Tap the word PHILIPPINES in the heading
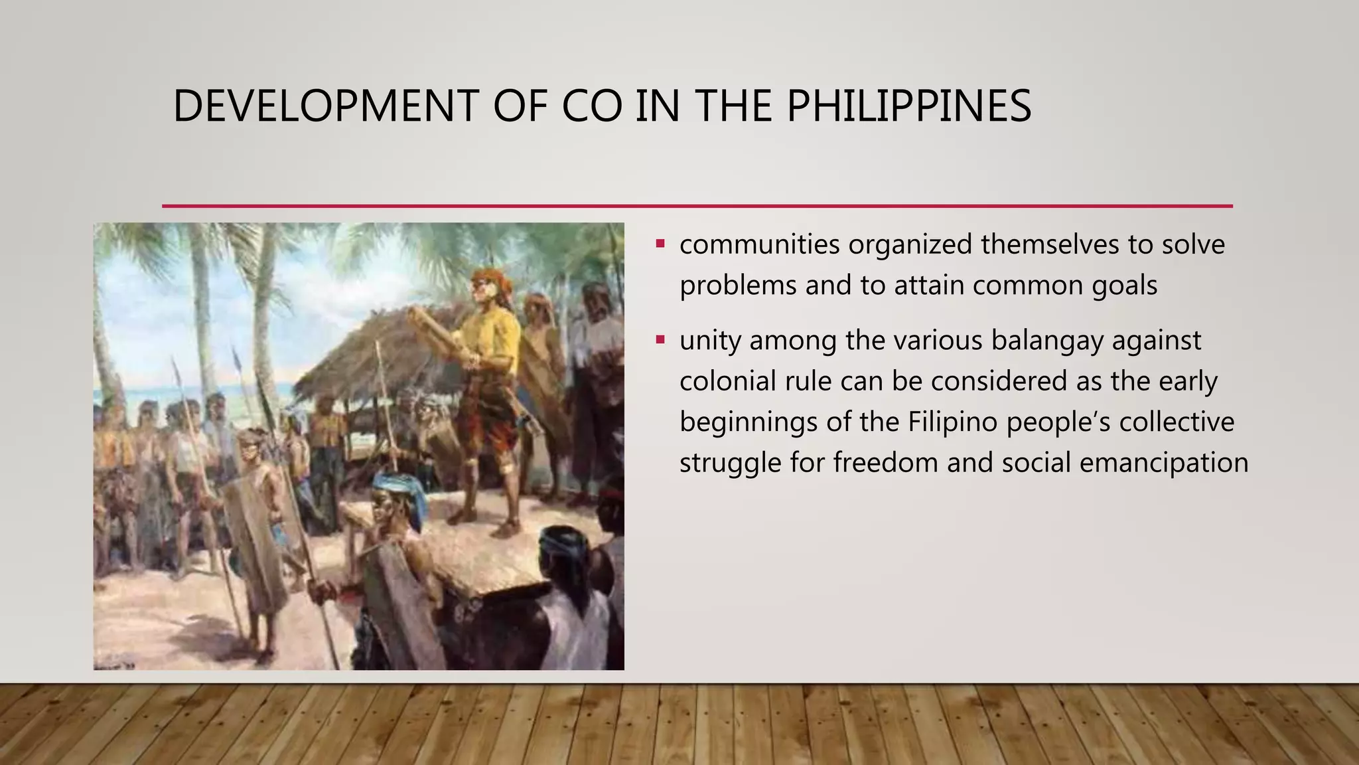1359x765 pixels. click(908, 106)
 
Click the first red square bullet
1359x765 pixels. click(660, 244)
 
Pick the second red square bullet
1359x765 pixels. click(660, 339)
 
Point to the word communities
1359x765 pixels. click(759, 244)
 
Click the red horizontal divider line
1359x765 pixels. click(697, 206)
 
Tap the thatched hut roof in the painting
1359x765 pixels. click(372, 352)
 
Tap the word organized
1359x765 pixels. click(910, 244)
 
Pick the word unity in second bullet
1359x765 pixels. click(709, 341)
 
